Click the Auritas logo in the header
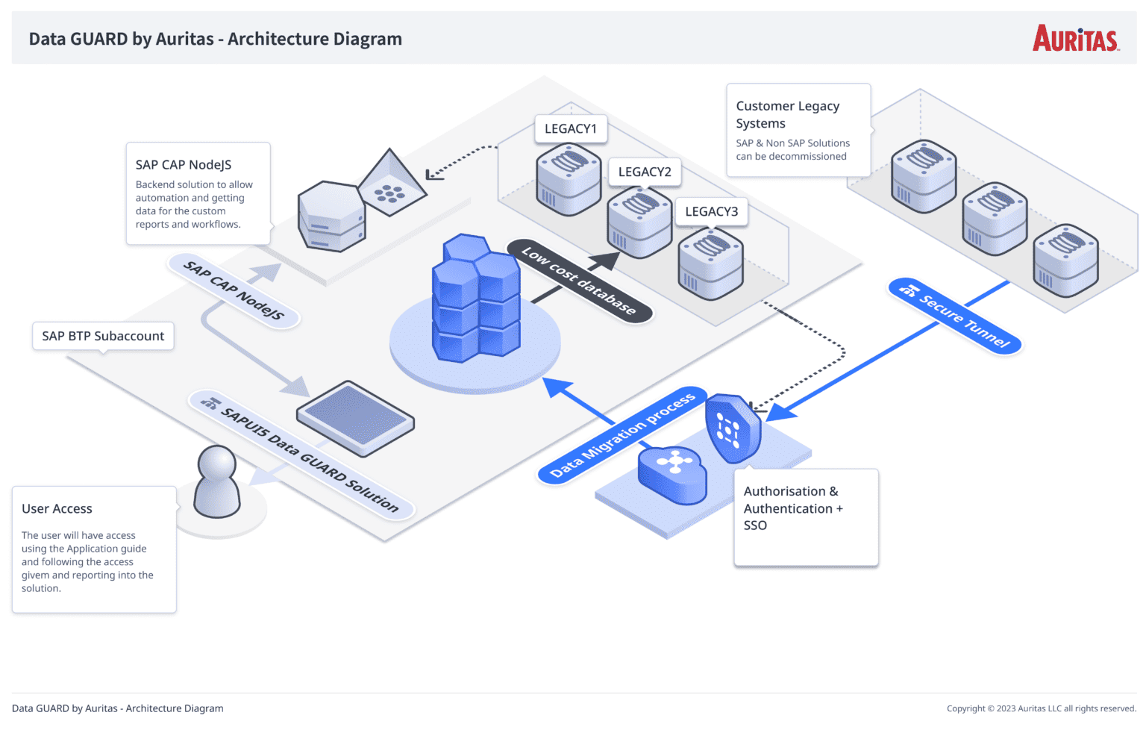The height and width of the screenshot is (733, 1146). coord(1075,39)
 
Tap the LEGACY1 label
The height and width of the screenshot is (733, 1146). coord(571,128)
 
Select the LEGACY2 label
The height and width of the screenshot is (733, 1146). coord(645,172)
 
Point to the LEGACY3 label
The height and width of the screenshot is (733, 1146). coord(711,211)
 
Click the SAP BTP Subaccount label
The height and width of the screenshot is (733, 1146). coord(103,336)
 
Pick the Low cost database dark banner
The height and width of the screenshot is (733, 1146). coord(579,281)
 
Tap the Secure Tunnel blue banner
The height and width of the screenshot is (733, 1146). coord(955,316)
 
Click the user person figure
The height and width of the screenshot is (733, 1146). coord(216,481)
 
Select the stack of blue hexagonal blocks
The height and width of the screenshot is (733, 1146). coord(475,299)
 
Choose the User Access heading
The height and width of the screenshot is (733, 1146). coord(57,508)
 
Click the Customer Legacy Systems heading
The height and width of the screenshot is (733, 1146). coord(787,114)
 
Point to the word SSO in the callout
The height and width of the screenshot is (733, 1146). coord(755,525)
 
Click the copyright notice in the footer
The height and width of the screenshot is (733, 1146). coord(1041,708)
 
